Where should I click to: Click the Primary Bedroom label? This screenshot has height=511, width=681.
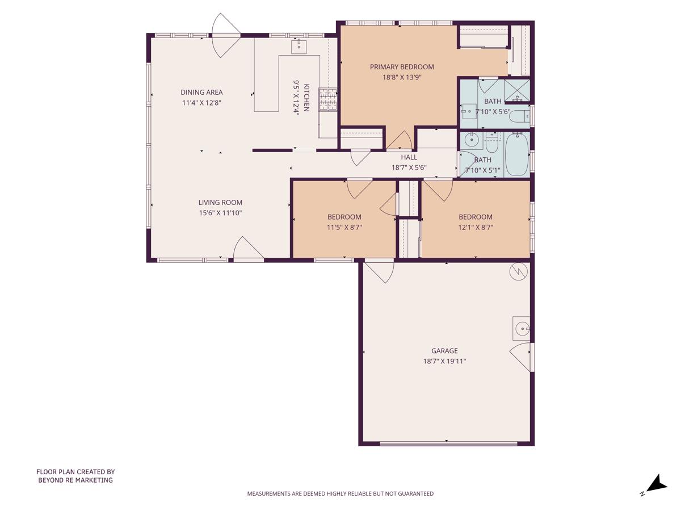(402, 67)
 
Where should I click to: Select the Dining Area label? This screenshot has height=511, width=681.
(201, 93)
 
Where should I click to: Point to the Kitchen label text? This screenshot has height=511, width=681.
(306, 98)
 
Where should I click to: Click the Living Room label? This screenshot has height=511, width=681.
(220, 203)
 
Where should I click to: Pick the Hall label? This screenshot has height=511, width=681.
(409, 157)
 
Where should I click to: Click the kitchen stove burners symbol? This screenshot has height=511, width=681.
(329, 99)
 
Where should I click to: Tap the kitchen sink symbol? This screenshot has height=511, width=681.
(299, 46)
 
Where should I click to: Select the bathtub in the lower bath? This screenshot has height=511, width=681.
(516, 154)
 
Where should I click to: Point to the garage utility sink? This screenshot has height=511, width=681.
(521, 328)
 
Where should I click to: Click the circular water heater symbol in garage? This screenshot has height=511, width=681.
(518, 272)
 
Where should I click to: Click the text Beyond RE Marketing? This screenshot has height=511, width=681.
(75, 480)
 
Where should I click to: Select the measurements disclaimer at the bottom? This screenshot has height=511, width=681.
(340, 494)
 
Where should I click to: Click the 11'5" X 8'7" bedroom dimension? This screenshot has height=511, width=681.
(344, 227)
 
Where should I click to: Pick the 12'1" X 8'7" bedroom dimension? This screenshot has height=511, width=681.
(475, 227)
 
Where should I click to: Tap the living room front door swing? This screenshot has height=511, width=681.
(247, 250)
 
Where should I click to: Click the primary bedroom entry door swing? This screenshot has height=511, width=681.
(400, 140)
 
